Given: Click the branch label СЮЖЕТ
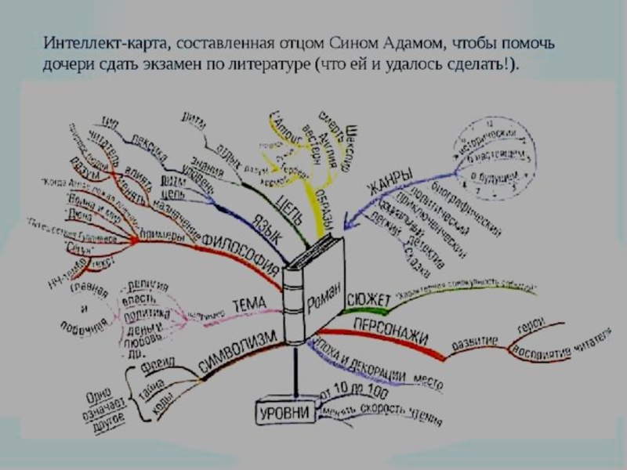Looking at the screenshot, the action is (x=368, y=297).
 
